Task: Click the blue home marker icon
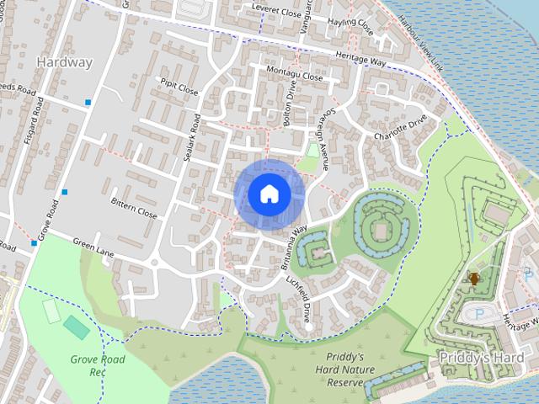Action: (269, 194)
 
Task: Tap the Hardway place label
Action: (65, 61)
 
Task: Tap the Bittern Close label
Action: (134, 208)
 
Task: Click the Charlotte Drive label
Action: (407, 126)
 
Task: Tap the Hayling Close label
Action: (351, 26)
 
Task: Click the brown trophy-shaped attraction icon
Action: (473, 279)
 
